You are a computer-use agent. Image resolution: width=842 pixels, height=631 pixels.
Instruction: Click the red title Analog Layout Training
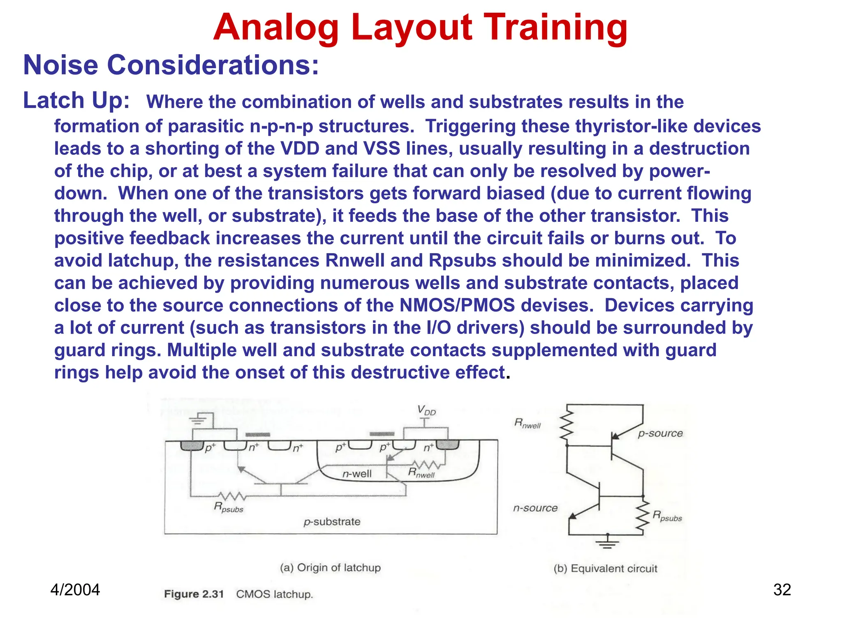point(420,28)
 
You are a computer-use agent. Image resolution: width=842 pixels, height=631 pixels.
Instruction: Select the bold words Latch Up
point(76,101)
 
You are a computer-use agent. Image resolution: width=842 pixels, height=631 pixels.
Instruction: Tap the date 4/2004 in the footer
point(75,590)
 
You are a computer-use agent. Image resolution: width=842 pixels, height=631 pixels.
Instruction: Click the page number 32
point(782,590)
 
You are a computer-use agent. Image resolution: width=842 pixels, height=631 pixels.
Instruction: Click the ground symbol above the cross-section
point(198,420)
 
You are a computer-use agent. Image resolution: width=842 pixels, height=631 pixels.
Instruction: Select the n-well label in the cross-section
point(357,474)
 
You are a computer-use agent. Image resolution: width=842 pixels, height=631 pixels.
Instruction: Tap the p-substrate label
point(332,522)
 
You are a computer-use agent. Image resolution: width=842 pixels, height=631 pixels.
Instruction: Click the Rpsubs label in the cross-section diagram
point(228,508)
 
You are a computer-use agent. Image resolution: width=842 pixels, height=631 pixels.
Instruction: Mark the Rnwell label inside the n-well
point(421,473)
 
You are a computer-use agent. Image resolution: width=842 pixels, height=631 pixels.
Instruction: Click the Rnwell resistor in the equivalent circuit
point(567,425)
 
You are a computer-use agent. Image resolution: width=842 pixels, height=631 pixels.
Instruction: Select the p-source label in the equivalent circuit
point(660,433)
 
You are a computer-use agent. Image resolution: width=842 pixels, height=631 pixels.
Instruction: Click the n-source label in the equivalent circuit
point(535,508)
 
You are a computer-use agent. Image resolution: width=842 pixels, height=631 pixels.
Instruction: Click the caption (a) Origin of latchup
point(330,568)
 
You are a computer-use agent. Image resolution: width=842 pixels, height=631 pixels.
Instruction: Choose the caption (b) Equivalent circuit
point(605,569)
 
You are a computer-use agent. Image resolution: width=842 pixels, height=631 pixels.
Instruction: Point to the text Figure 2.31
point(194,594)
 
